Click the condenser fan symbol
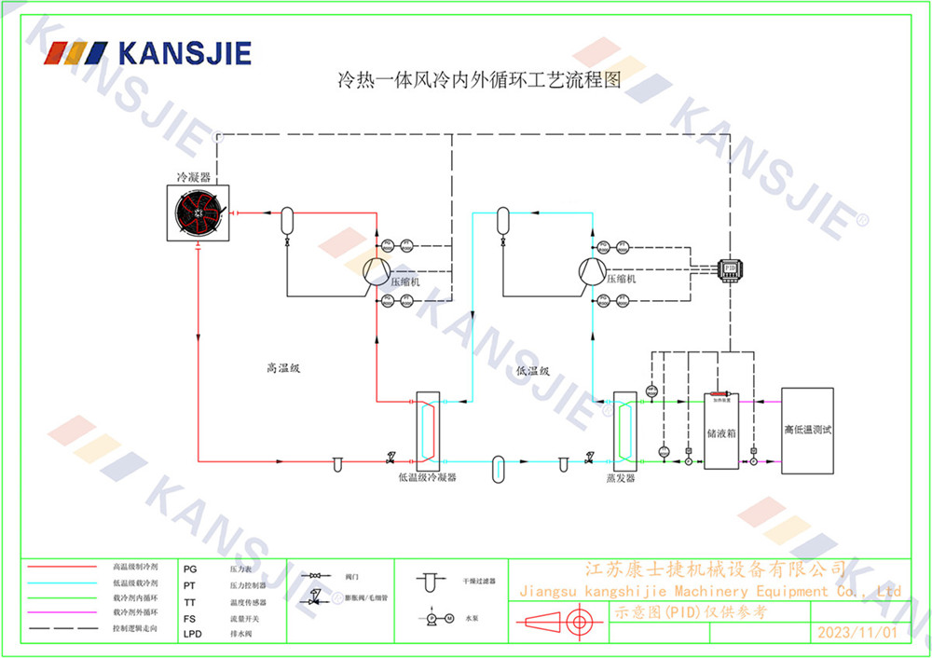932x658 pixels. tap(198, 213)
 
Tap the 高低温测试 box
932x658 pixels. tap(807, 431)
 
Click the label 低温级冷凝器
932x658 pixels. tap(427, 477)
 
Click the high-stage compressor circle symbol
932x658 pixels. tap(376, 271)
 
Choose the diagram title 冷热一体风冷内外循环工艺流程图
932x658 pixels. tap(478, 81)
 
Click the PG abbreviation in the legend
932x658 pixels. tap(190, 568)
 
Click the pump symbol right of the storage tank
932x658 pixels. tap(753, 460)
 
